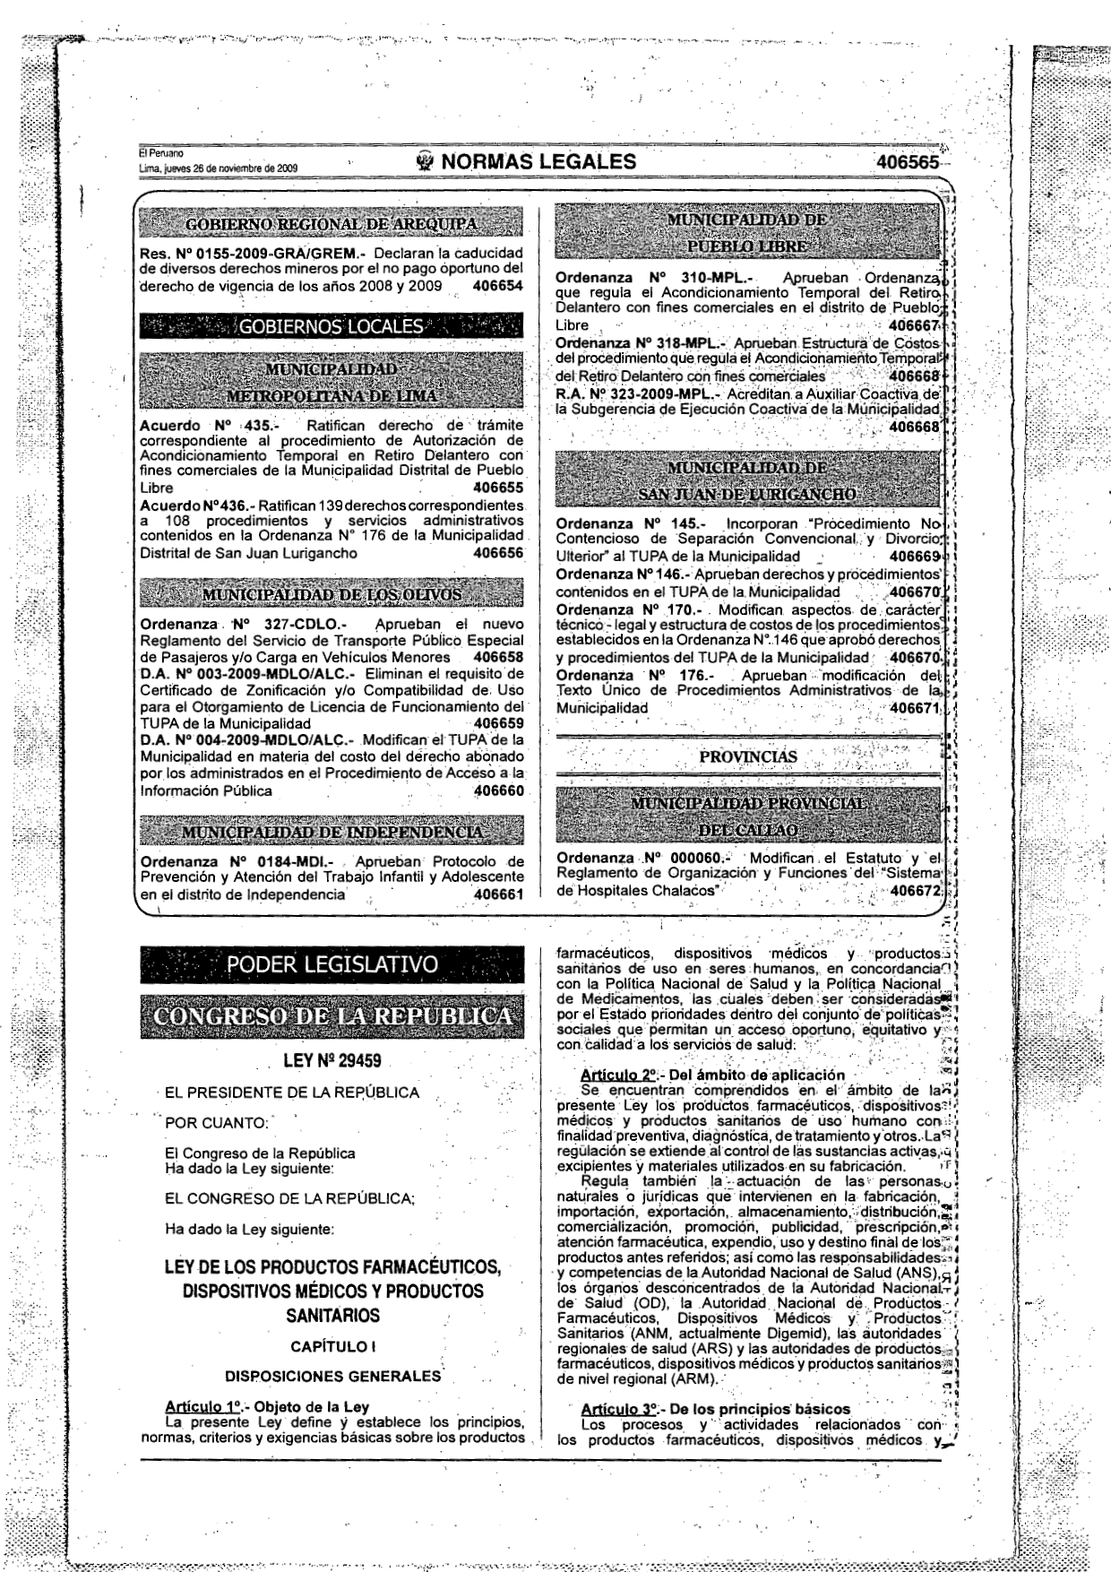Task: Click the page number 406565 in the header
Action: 910,162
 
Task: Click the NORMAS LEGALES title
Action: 538,161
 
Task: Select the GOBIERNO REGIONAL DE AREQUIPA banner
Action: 331,223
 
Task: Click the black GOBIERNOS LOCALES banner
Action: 331,326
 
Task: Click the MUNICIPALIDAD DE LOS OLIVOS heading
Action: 331,594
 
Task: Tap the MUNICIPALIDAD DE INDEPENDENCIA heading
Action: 331,832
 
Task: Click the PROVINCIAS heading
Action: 747,756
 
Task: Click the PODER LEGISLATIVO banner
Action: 332,964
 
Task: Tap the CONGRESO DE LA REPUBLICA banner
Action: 332,1016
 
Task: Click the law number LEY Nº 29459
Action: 332,1061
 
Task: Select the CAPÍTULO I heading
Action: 332,1346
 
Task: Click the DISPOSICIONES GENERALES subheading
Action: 332,1376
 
